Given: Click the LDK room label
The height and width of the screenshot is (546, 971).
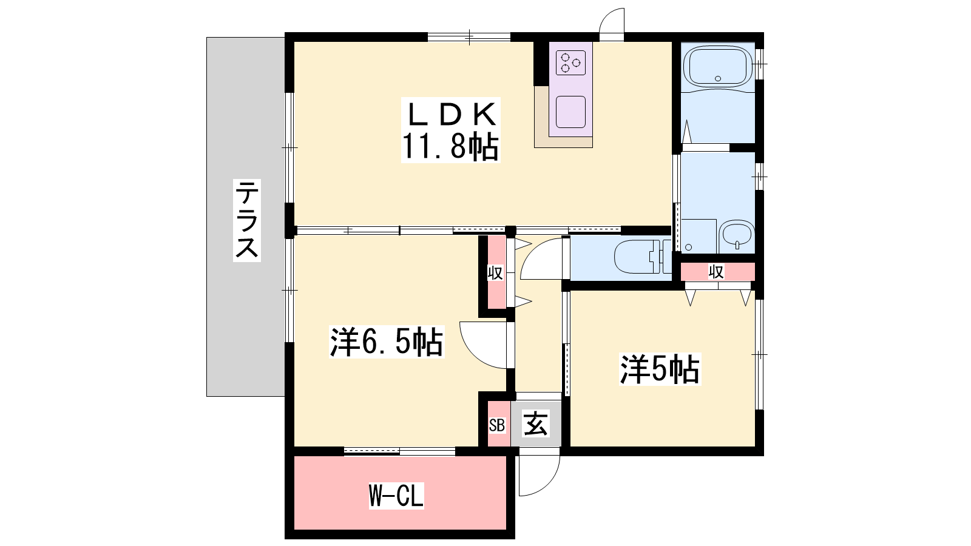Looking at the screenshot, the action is click(451, 115).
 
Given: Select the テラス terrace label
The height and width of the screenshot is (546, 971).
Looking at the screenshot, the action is click(246, 220).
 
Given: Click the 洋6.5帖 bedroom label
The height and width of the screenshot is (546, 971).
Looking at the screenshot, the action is click(386, 342).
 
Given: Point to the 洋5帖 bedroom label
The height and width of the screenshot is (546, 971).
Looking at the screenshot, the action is click(660, 369).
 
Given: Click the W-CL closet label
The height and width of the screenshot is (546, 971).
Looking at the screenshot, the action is click(396, 495).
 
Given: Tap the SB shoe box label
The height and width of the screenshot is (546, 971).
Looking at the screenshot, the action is click(497, 425).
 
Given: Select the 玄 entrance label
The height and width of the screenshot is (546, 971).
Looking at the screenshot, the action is click(536, 423).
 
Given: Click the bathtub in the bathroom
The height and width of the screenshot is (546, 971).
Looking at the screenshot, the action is click(718, 67).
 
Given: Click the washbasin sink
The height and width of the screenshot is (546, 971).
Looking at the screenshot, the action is click(737, 237).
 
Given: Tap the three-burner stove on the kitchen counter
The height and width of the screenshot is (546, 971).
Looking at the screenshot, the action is click(570, 63).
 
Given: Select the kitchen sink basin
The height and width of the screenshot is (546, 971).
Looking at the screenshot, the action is click(570, 112).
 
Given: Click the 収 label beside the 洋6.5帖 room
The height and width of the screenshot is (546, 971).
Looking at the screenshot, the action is click(495, 273).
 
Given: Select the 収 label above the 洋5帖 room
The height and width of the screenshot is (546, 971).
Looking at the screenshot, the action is click(716, 272).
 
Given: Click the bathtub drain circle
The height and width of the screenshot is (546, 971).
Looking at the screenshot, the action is click(718, 78).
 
